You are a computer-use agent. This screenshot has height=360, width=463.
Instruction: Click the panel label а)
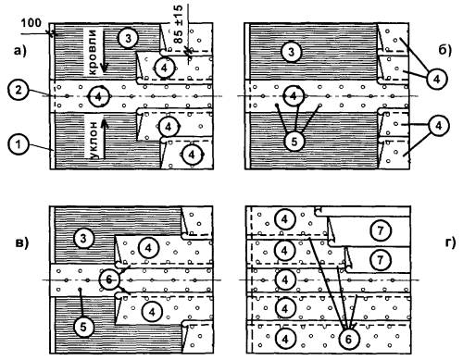20,51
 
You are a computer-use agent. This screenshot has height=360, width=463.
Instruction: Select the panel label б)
444,50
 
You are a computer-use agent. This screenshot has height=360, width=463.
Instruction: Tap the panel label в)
21,242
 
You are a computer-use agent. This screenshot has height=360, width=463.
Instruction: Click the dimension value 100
31,23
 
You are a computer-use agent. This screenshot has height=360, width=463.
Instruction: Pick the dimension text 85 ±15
179,24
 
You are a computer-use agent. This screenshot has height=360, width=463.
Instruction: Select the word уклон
95,140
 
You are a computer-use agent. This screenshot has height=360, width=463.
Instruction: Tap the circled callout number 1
19,144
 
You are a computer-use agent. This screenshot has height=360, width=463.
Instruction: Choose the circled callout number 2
19,91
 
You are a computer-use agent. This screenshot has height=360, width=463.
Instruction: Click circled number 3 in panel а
128,39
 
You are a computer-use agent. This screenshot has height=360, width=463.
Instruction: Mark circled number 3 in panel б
292,52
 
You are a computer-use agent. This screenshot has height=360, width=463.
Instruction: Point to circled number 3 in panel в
83,239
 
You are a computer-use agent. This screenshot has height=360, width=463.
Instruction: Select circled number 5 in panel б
294,142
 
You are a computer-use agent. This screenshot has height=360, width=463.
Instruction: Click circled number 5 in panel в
83,327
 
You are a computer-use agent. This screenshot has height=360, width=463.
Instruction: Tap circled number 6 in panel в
109,279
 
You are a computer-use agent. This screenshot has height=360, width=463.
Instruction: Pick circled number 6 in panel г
348,339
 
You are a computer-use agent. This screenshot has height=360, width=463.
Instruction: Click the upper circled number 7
381,230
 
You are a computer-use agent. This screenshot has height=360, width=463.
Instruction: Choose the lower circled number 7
381,260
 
